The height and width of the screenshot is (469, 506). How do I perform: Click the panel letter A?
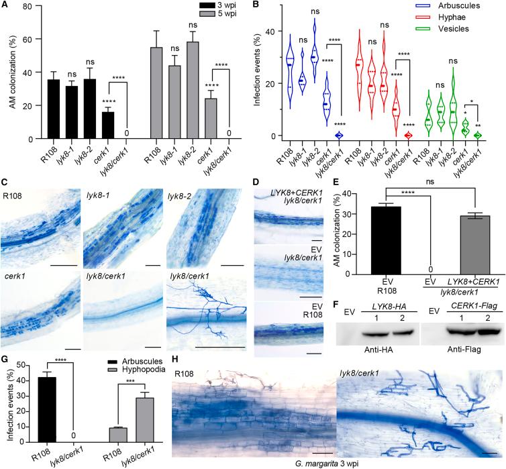[5, 6]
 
